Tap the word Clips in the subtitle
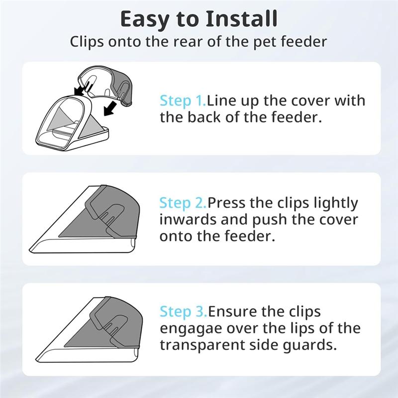(85, 41)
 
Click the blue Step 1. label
(183, 101)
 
